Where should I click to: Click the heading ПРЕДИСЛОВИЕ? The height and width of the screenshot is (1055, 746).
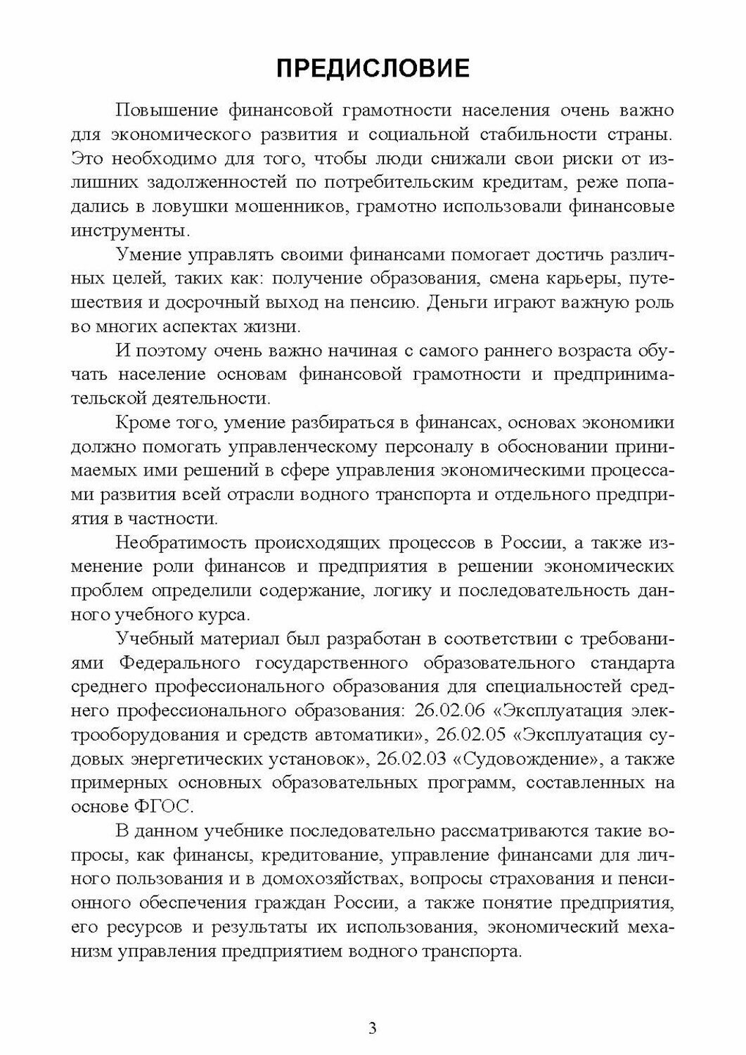373,68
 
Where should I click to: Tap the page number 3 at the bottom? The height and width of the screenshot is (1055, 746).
373,1028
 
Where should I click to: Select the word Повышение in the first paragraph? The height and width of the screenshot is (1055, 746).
165,110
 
